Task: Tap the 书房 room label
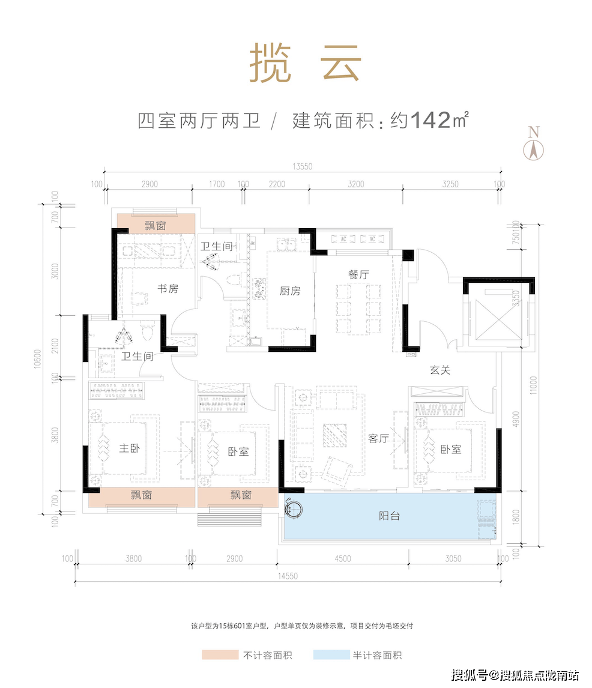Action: point(168,289)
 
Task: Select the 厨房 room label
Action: point(289,291)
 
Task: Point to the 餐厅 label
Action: point(358,274)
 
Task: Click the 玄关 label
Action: point(439,370)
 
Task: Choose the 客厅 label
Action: point(379,439)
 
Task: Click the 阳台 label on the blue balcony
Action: point(390,516)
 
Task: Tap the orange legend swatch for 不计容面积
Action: point(220,656)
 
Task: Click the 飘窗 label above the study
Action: point(156,226)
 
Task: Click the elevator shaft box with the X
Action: point(496,317)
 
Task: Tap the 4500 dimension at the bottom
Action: point(342,558)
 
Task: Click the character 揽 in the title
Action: point(270,63)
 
